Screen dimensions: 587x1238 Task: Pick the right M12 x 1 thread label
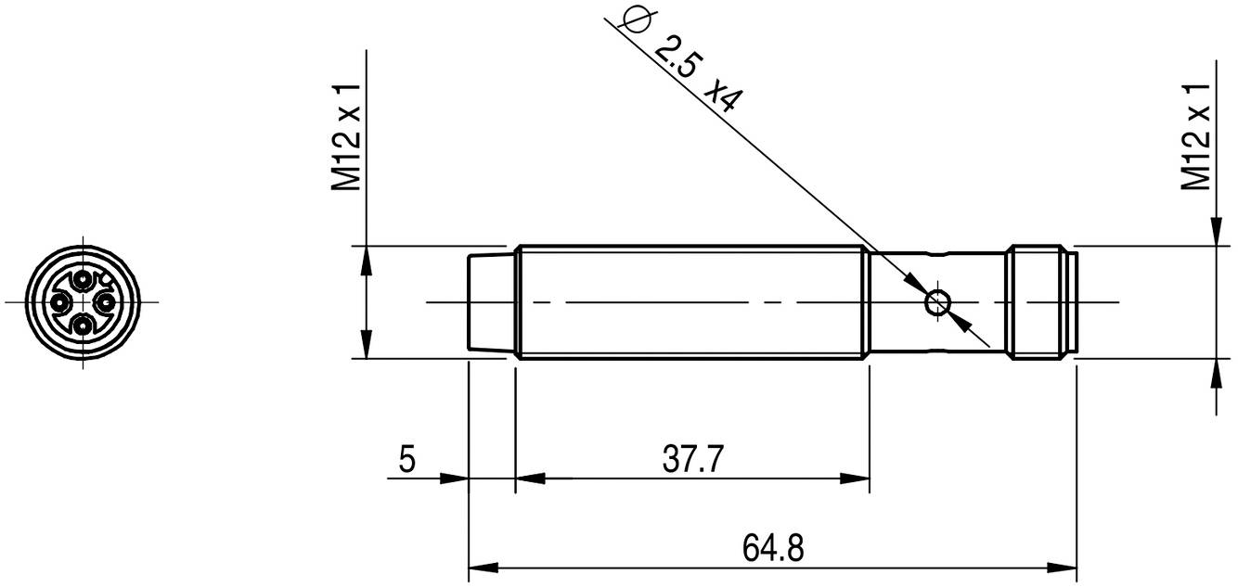click(1196, 136)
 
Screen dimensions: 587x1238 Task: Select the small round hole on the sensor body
click(937, 302)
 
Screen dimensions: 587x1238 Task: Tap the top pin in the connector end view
click(84, 280)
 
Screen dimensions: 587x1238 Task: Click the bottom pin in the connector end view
click(84, 325)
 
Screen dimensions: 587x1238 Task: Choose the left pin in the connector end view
click(60, 302)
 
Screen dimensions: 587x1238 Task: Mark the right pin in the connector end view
click(106, 302)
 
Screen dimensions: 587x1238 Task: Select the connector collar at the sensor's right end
click(1039, 302)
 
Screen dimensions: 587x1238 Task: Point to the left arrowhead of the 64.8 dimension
click(484, 567)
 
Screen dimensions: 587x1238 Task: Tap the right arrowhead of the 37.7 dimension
click(856, 479)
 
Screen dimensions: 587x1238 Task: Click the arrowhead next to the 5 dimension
click(454, 479)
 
